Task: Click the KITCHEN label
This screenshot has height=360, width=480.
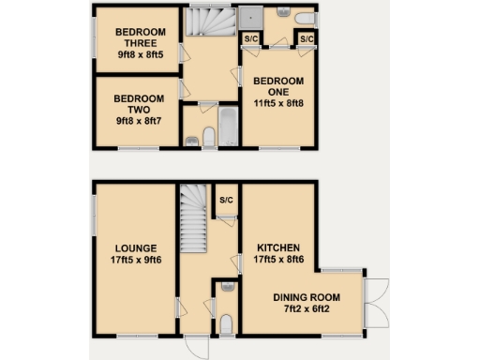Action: (278, 248)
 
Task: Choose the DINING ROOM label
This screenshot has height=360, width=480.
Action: (307, 298)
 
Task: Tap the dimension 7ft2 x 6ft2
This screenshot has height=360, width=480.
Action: (307, 311)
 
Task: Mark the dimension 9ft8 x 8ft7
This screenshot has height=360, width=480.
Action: (139, 122)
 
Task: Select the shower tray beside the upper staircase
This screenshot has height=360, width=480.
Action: (250, 17)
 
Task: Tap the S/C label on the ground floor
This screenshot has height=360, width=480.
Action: (226, 201)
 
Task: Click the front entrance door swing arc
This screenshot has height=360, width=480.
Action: (195, 345)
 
